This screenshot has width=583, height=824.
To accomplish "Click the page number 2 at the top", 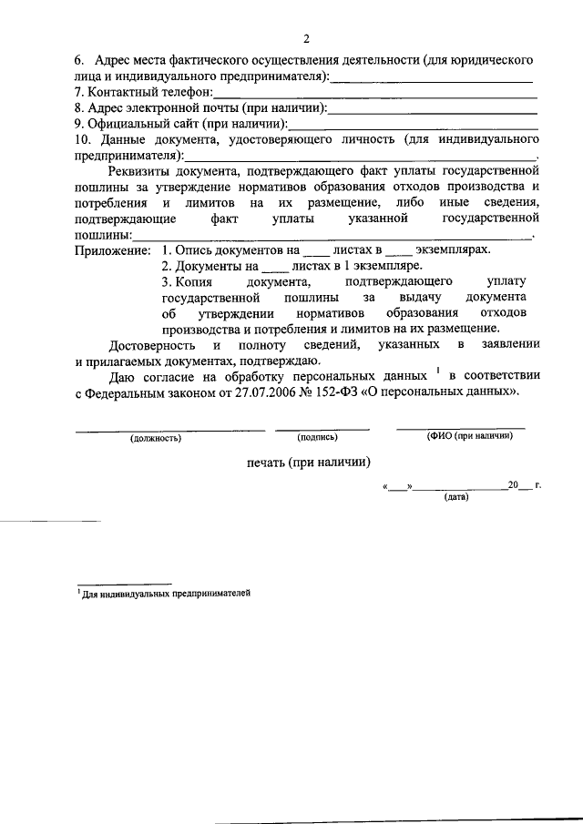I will pyautogui.click(x=306, y=38).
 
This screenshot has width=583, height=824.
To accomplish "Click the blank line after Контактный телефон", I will pyautogui.click(x=374, y=95).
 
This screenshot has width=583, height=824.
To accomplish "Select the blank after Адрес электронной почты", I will pyautogui.click(x=431, y=109).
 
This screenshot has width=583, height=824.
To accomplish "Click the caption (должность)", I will pyautogui.click(x=156, y=438).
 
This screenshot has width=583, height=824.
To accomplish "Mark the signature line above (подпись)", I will pyautogui.click(x=322, y=428).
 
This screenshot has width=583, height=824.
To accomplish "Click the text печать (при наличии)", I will pyautogui.click(x=309, y=462).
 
